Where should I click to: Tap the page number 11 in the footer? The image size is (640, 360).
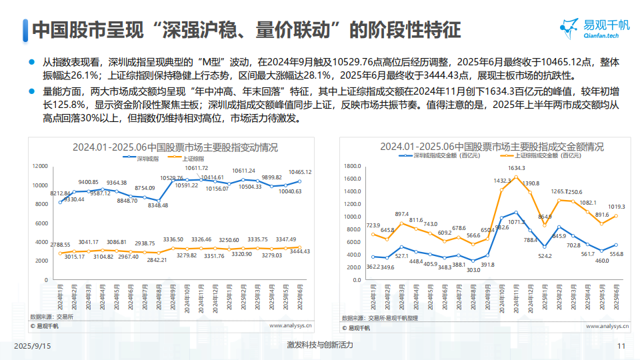621,346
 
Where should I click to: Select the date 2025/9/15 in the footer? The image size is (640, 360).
33,346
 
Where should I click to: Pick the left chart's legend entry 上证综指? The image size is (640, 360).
195,159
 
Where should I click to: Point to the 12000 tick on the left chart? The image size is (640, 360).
41,165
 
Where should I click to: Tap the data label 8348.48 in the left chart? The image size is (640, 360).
158,205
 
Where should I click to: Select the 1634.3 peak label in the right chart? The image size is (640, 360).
516,168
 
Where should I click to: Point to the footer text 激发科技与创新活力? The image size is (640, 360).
320,345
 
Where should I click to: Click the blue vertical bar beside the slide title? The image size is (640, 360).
25,30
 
